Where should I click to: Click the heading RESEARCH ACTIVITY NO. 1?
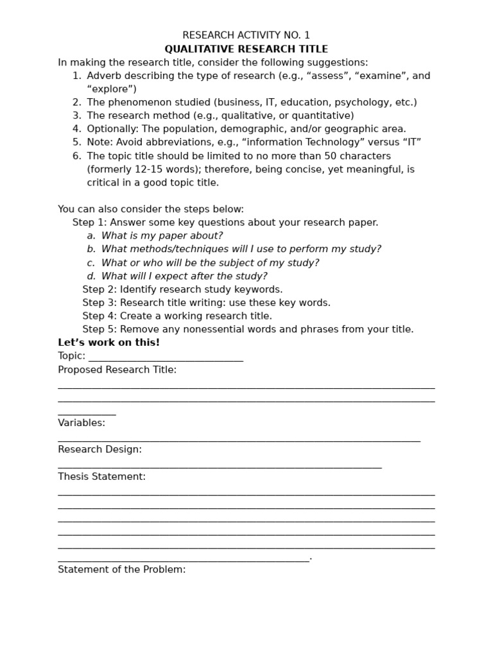click(x=246, y=35)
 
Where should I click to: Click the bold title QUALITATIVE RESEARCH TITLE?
click(x=246, y=49)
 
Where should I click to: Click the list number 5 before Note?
click(x=76, y=142)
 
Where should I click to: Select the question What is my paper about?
click(x=162, y=236)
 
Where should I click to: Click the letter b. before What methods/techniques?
click(x=91, y=250)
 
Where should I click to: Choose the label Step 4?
click(x=99, y=316)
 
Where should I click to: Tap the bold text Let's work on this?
click(x=108, y=343)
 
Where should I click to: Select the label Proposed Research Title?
click(x=117, y=370)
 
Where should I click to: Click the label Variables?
click(x=82, y=423)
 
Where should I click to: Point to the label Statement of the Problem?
click(x=121, y=570)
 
